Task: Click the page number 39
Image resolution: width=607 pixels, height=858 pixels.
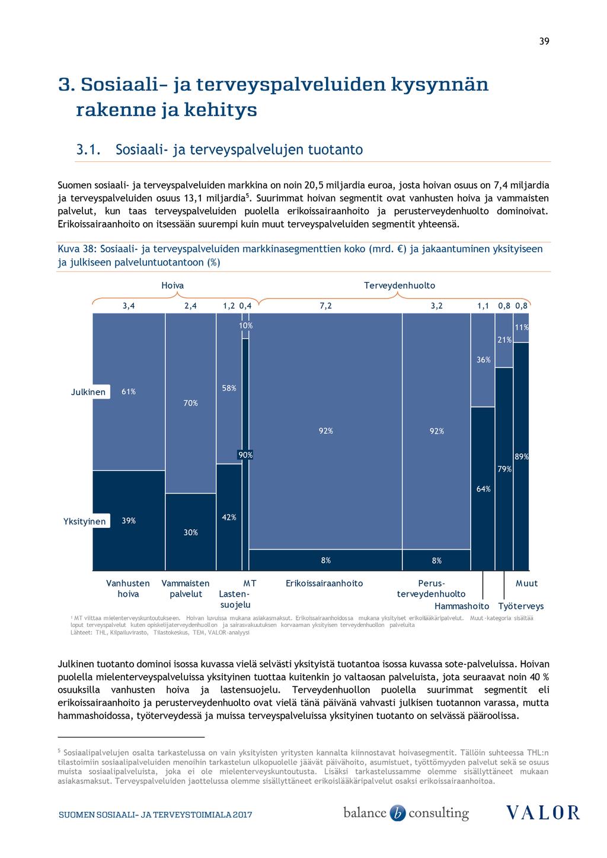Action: click(x=544, y=41)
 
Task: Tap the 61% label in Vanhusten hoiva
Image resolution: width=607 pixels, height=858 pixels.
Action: click(x=129, y=392)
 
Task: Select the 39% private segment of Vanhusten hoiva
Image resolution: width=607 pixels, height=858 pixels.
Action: click(x=129, y=520)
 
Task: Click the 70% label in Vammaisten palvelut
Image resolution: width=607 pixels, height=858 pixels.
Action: click(x=190, y=403)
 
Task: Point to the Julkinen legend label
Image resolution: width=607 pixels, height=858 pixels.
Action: click(x=88, y=392)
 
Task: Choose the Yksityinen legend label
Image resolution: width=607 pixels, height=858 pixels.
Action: click(x=84, y=521)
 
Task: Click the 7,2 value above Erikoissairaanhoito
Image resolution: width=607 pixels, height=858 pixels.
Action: click(x=325, y=306)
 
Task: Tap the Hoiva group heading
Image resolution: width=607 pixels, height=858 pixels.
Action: click(x=172, y=286)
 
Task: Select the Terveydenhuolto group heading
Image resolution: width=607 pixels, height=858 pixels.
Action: click(x=400, y=286)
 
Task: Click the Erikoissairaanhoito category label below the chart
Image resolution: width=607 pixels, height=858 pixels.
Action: click(x=324, y=584)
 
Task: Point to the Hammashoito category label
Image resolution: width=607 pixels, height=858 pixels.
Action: click(x=462, y=606)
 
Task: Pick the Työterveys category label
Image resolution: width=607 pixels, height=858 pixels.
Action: click(x=521, y=606)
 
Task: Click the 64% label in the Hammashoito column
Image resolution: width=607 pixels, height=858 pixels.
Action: click(x=483, y=489)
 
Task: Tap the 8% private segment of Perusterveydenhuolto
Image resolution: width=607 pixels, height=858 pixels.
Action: click(x=436, y=560)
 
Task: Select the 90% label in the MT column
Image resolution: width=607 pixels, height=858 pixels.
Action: click(x=245, y=455)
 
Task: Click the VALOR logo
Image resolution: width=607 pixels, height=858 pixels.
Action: click(x=542, y=812)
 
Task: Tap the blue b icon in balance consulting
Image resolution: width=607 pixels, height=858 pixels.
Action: click(x=397, y=813)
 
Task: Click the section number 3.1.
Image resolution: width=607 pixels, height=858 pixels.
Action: click(x=88, y=149)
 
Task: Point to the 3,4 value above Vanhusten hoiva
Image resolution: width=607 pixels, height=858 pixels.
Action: click(x=129, y=306)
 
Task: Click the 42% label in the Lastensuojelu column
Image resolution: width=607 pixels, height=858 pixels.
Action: click(x=229, y=517)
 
